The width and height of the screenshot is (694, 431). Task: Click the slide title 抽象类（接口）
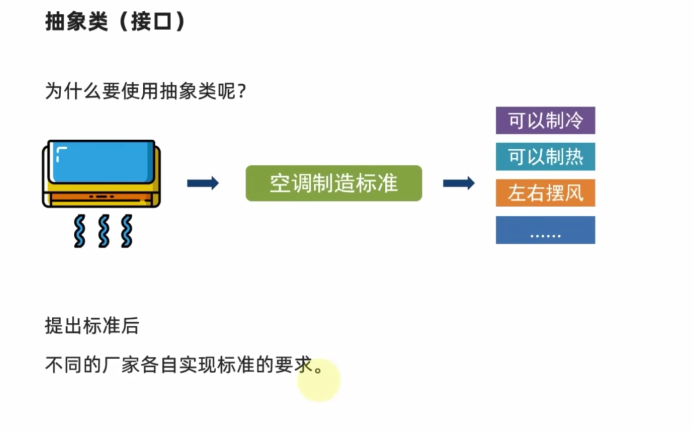point(115,22)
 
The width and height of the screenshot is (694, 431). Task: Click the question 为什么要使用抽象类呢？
point(145,91)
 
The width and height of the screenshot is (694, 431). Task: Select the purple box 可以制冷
point(545,121)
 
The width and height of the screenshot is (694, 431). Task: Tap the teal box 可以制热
point(545,157)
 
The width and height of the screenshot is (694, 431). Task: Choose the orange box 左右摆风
point(545,193)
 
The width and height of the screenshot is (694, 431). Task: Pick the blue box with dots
point(545,230)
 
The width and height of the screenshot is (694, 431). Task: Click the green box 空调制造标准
point(334,183)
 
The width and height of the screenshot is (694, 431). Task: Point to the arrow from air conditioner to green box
point(203,183)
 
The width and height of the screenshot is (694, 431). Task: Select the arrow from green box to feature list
point(459,183)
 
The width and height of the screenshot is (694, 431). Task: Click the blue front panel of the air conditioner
point(104,162)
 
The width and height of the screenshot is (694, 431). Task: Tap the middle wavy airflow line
point(104,231)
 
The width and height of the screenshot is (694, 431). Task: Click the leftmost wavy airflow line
point(80,231)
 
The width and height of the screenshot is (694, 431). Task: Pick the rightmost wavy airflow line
point(127,231)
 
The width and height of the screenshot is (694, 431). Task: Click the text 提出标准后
point(92,326)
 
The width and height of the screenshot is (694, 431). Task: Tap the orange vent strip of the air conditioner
point(102,197)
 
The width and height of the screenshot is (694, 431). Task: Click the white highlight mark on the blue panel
point(60,153)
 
